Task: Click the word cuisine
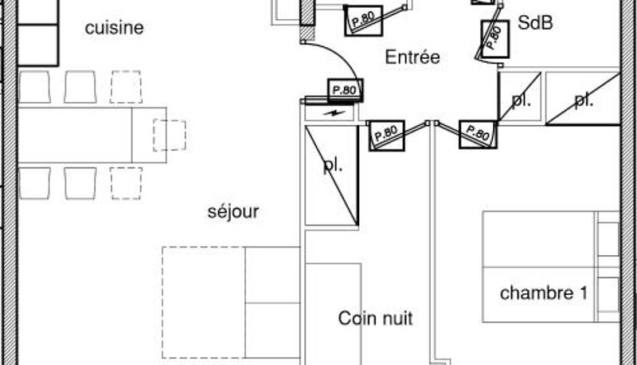click(114, 28)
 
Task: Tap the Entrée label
click(412, 57)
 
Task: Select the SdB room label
click(535, 23)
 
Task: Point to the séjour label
click(233, 212)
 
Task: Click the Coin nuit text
click(375, 318)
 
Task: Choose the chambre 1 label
click(544, 293)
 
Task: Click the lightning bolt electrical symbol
click(334, 113)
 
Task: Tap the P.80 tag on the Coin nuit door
click(386, 135)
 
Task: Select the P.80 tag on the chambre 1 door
click(478, 135)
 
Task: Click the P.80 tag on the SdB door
click(494, 38)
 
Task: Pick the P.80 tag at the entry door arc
click(345, 90)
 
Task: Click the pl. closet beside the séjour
click(331, 175)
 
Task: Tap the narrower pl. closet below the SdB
click(520, 96)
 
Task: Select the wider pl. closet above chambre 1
click(583, 98)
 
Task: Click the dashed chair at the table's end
click(170, 135)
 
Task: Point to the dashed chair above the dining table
click(126, 87)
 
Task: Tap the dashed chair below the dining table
click(126, 183)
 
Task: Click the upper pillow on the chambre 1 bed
click(608, 238)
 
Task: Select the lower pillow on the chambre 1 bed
click(608, 295)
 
